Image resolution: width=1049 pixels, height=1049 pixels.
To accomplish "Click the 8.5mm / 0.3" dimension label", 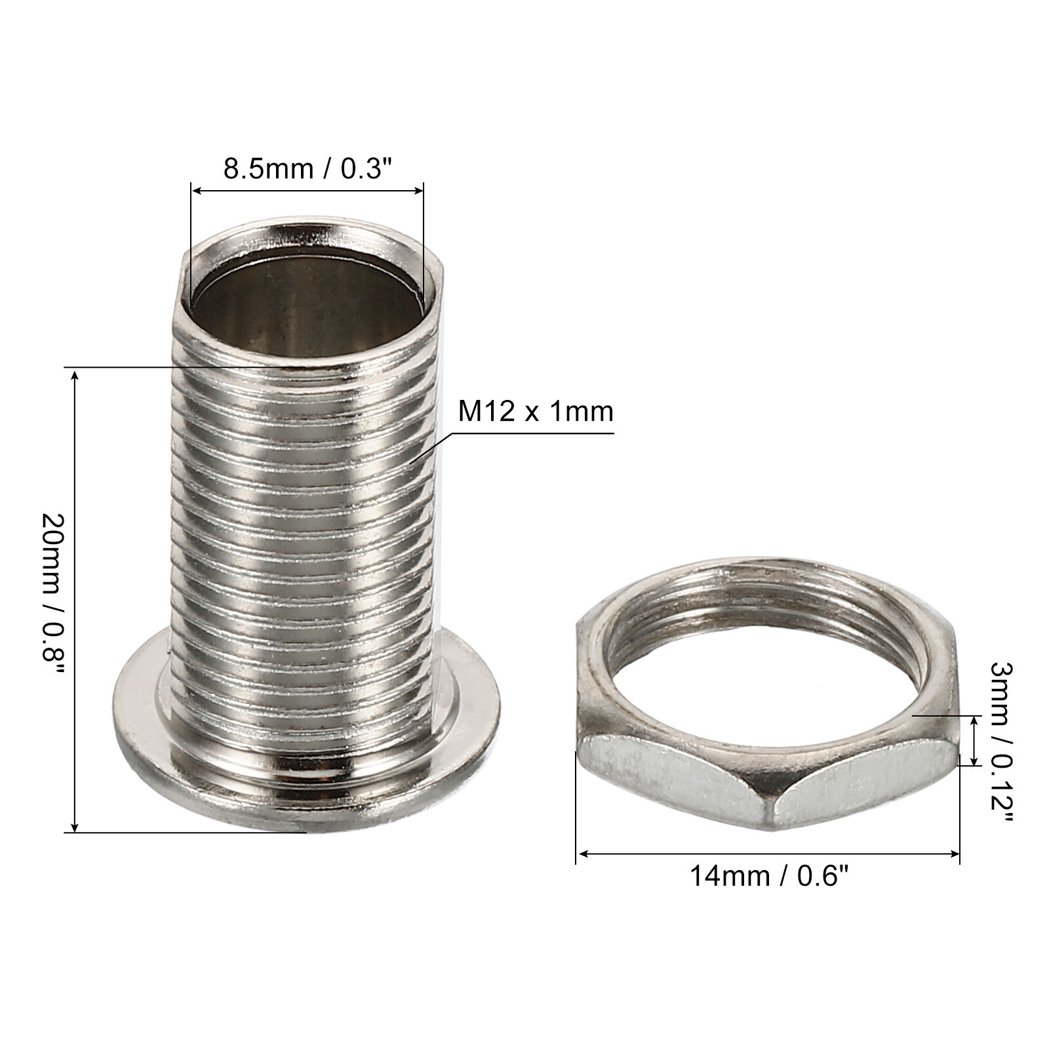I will pyautogui.click(x=307, y=168).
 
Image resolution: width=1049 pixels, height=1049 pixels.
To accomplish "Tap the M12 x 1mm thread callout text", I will pyautogui.click(x=535, y=412).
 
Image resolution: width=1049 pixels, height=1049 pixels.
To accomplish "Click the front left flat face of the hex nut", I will pyautogui.click(x=669, y=780).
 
